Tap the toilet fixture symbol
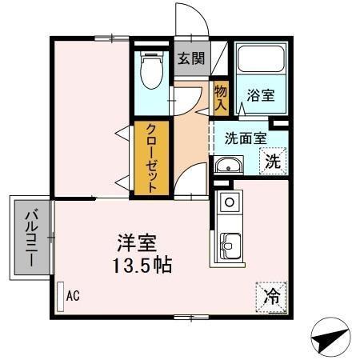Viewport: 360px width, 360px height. click(x=150, y=73)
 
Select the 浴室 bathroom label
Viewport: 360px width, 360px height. click(x=260, y=95)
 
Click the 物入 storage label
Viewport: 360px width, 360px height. click(x=221, y=95)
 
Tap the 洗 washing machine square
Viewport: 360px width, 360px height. click(x=273, y=159)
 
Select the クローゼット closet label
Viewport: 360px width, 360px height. click(x=150, y=157)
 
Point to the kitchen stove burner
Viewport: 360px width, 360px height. click(x=227, y=201)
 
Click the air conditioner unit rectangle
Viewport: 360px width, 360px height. click(x=60, y=295)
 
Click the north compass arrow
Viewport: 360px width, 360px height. click(x=329, y=341)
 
